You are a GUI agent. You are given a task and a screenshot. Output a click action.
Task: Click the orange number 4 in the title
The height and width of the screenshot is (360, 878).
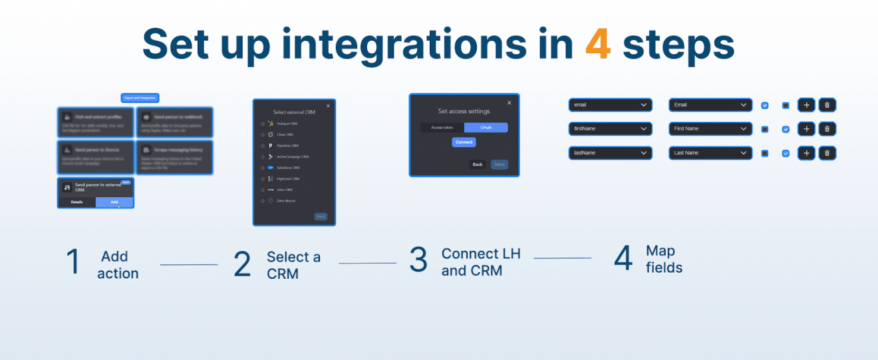tap(598, 44)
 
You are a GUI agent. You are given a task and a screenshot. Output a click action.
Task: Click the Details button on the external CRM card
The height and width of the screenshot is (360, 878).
tap(76, 202)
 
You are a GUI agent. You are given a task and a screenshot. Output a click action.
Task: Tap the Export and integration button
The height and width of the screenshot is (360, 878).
tap(140, 98)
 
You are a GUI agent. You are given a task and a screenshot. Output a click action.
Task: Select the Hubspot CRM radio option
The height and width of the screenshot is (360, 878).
tap(263, 124)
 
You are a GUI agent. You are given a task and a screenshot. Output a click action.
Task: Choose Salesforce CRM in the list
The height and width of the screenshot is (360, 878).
tap(263, 168)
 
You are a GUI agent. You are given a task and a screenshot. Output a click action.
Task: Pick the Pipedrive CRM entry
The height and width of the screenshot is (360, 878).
tap(263, 145)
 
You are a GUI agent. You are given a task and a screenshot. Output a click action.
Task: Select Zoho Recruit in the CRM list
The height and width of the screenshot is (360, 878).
tap(263, 200)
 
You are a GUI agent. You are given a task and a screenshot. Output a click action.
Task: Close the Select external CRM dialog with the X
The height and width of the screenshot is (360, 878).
tap(328, 106)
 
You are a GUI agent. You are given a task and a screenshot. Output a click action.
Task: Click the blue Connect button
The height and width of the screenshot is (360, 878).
tap(464, 142)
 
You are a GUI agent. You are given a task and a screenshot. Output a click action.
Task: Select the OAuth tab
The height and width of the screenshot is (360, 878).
tap(486, 127)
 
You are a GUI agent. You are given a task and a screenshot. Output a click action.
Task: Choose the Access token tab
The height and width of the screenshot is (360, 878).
tap(442, 127)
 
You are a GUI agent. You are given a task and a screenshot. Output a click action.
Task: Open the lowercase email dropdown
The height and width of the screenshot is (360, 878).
tap(610, 105)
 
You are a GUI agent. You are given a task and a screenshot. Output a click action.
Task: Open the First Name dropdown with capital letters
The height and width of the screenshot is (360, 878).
tap(710, 129)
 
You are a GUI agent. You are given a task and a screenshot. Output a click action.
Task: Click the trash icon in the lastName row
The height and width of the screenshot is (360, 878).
tap(827, 153)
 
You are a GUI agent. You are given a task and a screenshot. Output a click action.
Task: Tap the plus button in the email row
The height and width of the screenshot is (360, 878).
tap(806, 105)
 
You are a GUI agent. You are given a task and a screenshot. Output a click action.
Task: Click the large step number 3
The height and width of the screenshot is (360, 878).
tap(418, 260)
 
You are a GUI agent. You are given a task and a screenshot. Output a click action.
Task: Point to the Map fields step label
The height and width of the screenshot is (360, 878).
tap(663, 260)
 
